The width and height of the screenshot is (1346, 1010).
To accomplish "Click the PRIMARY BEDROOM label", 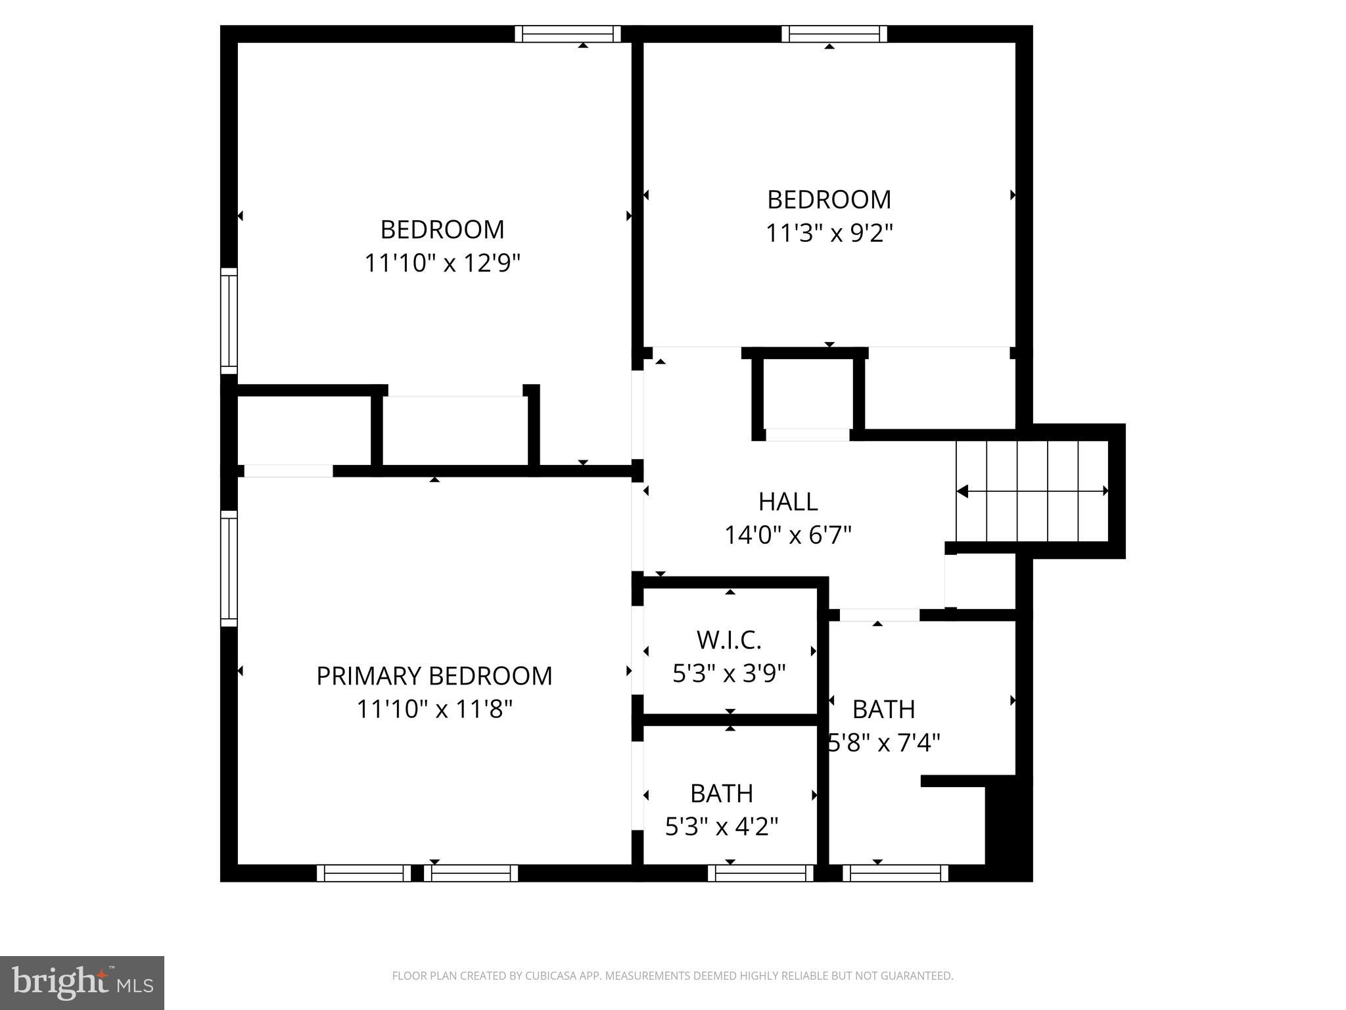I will tap(434, 676).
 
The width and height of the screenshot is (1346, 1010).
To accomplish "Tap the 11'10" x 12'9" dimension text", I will tap(442, 263).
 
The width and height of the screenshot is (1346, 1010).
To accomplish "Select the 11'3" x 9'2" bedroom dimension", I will tap(829, 233).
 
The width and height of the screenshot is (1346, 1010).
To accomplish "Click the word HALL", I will tap(788, 502).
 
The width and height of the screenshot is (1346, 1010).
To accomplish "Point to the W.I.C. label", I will tap(729, 639).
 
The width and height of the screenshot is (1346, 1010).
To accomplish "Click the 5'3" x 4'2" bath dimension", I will tap(722, 827).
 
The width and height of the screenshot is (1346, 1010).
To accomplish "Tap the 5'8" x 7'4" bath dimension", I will tap(884, 743).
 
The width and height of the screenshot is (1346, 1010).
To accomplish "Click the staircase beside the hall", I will tap(1032, 491).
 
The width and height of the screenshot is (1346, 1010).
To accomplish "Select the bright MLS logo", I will tap(82, 982).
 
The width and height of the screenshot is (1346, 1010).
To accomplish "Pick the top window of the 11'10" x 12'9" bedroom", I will tap(567, 34).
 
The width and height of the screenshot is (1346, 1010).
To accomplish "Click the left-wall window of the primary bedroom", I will tap(228, 569).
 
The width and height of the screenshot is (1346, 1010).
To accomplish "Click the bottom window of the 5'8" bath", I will tap(895, 873).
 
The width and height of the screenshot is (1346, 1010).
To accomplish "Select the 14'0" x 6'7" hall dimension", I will tap(788, 535).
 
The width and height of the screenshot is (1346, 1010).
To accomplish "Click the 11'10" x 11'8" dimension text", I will tap(434, 709).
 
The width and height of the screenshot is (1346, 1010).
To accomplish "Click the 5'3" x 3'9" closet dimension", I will tap(729, 673).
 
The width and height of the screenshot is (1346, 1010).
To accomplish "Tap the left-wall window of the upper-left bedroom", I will tap(228, 320).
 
